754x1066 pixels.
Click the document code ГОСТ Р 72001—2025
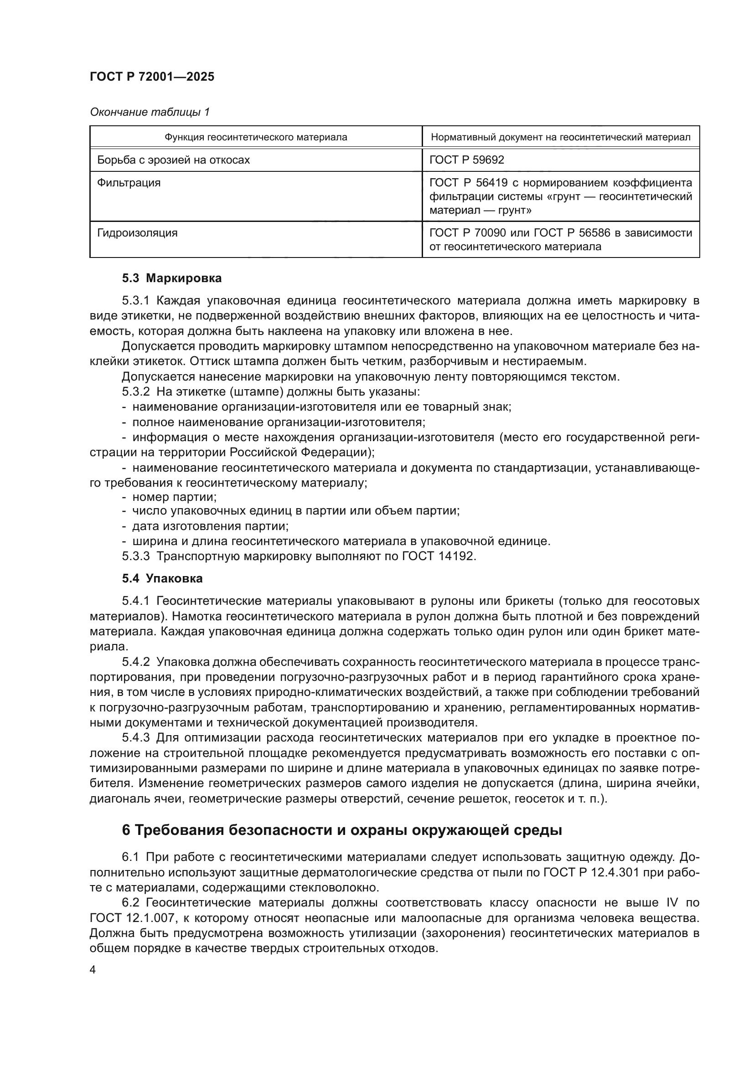[152, 77]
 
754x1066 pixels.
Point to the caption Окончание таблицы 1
[150, 112]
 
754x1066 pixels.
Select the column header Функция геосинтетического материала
[256, 138]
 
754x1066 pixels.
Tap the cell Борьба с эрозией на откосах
[173, 160]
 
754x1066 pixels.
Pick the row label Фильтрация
[129, 183]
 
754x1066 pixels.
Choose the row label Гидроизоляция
[137, 233]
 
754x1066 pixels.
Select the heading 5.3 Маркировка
[172, 278]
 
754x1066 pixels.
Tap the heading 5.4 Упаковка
[162, 578]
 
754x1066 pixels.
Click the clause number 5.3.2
[135, 391]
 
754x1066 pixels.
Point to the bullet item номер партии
[174, 497]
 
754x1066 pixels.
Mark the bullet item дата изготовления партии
[210, 526]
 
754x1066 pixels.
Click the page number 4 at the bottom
[93, 970]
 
